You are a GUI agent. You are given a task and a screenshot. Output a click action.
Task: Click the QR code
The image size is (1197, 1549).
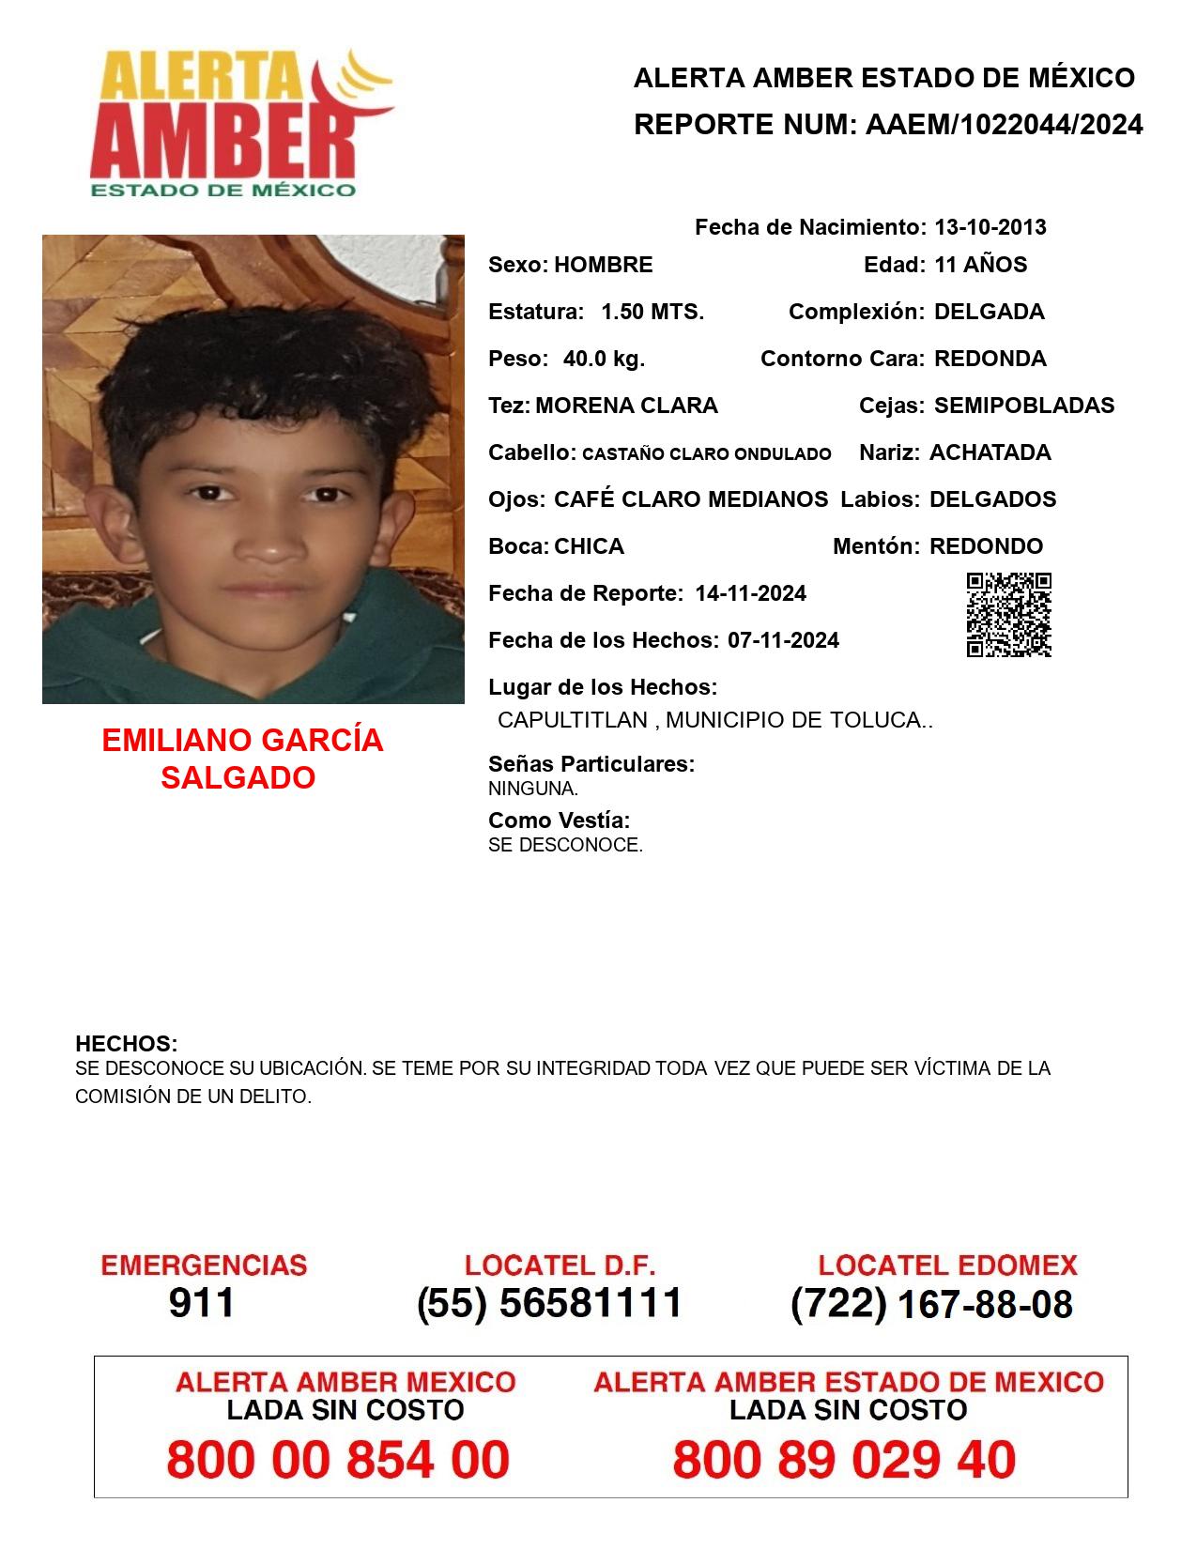click(1008, 615)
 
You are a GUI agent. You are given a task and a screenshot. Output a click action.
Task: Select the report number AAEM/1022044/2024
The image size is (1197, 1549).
click(1004, 125)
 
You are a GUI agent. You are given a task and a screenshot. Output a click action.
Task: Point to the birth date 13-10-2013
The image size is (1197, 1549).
click(990, 227)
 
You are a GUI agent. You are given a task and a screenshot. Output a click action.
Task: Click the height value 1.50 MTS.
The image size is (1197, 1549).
click(652, 312)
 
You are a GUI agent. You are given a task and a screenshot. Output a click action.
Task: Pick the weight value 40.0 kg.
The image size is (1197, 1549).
click(604, 359)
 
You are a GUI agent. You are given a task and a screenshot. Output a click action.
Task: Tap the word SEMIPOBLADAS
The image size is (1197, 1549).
click(1024, 406)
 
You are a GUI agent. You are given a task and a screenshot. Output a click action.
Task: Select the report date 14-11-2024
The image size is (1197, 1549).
click(750, 593)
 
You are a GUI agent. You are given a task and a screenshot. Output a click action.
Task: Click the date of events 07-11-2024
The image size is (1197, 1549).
click(783, 640)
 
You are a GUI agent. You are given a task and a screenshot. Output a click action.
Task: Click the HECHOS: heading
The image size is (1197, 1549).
click(127, 1044)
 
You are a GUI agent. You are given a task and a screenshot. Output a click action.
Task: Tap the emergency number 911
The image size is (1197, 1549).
click(202, 1303)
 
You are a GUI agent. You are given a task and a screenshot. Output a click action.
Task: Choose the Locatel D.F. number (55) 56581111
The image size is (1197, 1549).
click(550, 1303)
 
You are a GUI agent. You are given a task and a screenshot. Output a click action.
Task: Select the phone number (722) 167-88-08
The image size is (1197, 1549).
click(931, 1305)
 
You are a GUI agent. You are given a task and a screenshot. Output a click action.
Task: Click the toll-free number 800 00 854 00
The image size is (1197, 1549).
click(338, 1460)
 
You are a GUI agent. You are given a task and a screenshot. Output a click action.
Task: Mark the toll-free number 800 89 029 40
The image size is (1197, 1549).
click(844, 1460)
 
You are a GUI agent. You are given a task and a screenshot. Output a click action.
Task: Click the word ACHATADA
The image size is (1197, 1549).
click(990, 452)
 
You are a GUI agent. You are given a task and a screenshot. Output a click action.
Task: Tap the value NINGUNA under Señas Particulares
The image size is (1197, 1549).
click(532, 790)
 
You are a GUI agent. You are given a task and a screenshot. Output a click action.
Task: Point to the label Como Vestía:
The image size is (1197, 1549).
click(559, 821)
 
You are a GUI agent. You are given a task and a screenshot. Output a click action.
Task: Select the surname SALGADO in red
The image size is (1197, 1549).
click(238, 778)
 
